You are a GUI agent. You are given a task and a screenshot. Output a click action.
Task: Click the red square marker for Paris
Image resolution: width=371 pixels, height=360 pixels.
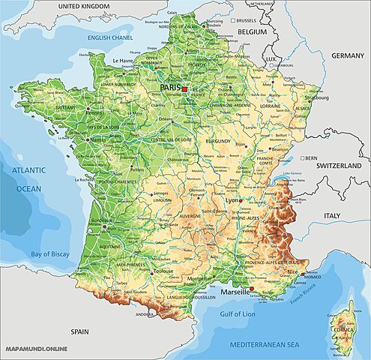[184, 89]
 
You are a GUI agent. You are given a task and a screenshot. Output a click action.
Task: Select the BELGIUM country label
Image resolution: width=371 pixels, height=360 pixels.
[252, 33]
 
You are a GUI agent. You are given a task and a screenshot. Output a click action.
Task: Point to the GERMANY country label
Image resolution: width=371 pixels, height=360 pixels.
[347, 55]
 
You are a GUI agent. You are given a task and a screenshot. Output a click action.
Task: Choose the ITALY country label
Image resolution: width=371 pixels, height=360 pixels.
[331, 215]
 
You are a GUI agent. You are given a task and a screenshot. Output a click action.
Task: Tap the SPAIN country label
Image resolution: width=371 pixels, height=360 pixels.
[79, 331]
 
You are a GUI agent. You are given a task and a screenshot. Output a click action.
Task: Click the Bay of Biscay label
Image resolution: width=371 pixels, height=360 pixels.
[49, 256]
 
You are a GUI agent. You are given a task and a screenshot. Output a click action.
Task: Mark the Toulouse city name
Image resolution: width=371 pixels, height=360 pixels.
[163, 272]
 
